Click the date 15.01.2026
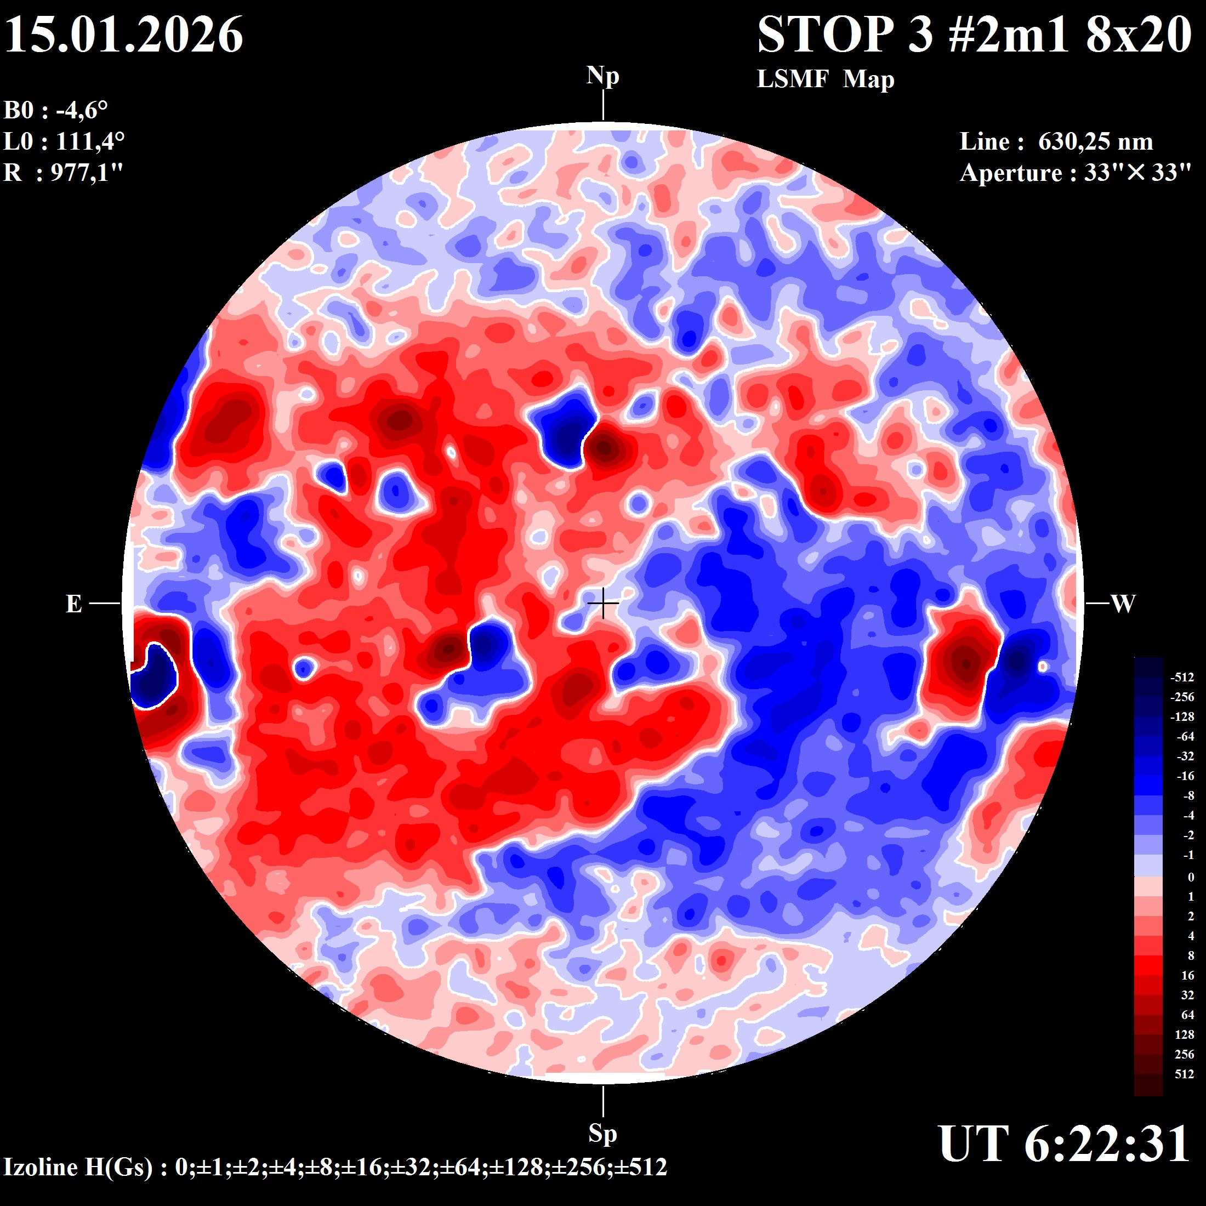coord(123,35)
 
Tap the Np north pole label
coord(602,77)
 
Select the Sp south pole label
coord(602,1133)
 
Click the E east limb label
coord(73,604)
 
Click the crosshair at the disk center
coord(603,604)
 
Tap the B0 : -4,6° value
coord(55,111)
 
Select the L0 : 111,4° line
coord(64,141)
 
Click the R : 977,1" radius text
coord(63,172)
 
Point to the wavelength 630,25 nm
coord(1095,141)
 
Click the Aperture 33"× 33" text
coord(1076,173)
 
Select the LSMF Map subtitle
coord(825,79)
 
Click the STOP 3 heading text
coord(845,35)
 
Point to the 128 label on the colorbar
coord(1184,1035)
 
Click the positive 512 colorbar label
coord(1184,1074)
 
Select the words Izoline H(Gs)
coord(78,1167)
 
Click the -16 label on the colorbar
coord(1184,776)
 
